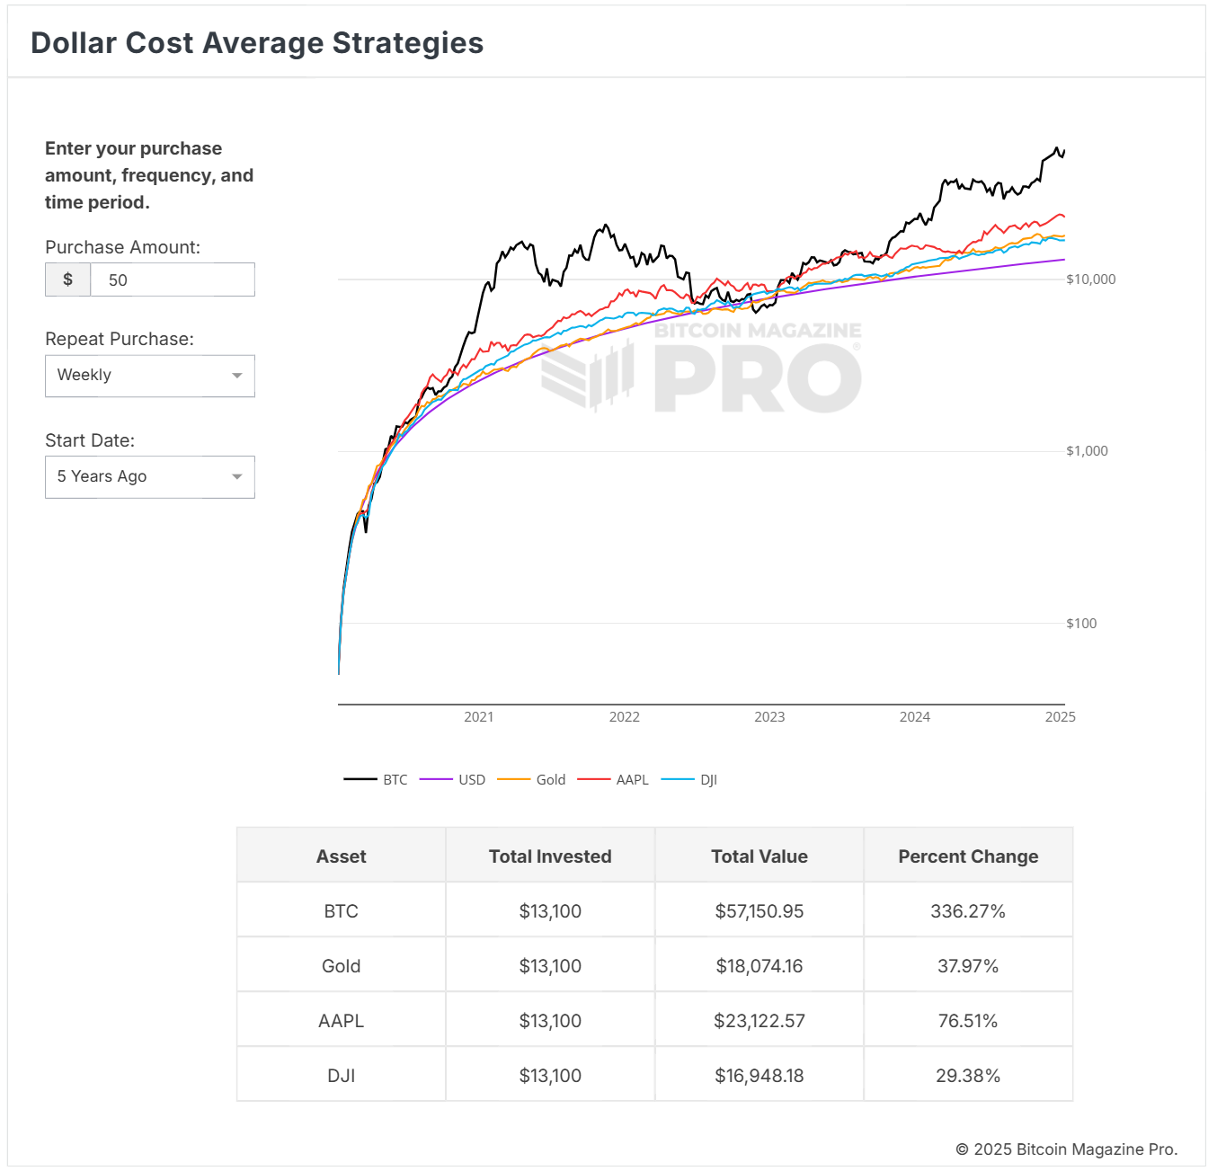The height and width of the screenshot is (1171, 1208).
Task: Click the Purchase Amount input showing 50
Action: pyautogui.click(x=172, y=279)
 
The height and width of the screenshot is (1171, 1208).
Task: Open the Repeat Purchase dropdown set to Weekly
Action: pyautogui.click(x=150, y=376)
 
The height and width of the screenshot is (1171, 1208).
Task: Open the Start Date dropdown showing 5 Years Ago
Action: pyautogui.click(x=150, y=477)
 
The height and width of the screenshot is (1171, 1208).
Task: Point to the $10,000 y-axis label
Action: pyautogui.click(x=1090, y=279)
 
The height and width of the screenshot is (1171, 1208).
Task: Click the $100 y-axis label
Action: pyautogui.click(x=1081, y=624)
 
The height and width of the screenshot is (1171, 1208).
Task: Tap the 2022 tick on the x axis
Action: pyautogui.click(x=624, y=717)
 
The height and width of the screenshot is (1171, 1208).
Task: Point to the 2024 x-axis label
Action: pyautogui.click(x=914, y=717)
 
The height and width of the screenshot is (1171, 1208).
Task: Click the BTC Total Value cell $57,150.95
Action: pyautogui.click(x=759, y=911)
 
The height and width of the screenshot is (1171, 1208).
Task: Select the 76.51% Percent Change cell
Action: pyautogui.click(x=967, y=1021)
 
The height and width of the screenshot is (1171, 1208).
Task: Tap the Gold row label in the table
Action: pyautogui.click(x=341, y=966)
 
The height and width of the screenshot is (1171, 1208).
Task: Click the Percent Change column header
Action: pyautogui.click(x=967, y=856)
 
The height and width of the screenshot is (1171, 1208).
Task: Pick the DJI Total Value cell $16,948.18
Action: pyautogui.click(x=759, y=1076)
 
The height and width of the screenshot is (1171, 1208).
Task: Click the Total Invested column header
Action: pyautogui.click(x=550, y=856)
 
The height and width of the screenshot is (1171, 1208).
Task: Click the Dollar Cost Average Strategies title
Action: pyautogui.click(x=257, y=43)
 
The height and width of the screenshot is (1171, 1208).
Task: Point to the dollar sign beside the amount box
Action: pyautogui.click(x=67, y=279)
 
